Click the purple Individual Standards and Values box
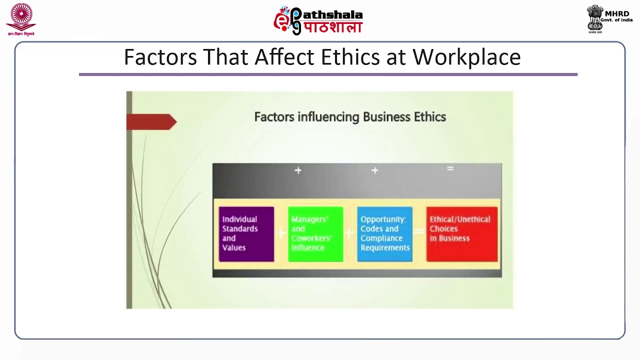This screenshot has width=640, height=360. pos(246,234)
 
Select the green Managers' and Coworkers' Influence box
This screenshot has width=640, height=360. pos(315,234)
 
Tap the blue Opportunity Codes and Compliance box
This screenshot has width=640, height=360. pos(384,234)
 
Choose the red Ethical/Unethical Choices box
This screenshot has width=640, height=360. pos(461,234)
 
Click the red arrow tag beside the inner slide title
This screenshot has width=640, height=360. pos(151,122)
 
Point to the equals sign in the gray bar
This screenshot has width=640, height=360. pos(450,169)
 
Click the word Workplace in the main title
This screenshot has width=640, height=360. pos(466,57)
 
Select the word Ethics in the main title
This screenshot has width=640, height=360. pos(350,57)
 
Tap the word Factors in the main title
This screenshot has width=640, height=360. pos(160,57)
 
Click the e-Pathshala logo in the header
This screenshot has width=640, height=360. pos(318,21)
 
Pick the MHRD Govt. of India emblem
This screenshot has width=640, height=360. pos(595,19)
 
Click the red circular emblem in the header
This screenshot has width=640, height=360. pos(21,17)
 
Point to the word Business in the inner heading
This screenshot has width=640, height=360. pos(386,117)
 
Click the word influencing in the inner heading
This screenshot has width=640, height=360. pos(328,117)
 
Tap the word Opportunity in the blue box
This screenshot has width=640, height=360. pos(383,219)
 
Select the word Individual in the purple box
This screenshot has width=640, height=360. pos(239,219)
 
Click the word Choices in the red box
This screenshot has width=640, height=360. pos(443,229)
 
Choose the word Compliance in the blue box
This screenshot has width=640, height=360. pos(381,238)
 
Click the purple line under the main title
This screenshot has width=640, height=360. pos(328,74)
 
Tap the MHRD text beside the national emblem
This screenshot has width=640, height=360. pos(617,13)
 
